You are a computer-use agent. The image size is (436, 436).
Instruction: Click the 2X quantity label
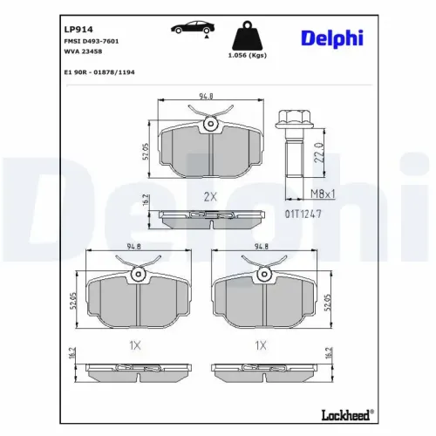[209, 196]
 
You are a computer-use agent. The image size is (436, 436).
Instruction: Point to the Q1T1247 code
[303, 213]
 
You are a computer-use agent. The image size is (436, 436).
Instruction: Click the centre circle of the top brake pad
[209, 126]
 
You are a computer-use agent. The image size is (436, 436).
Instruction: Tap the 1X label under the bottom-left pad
[135, 345]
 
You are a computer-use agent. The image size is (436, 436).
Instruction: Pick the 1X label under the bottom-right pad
[260, 345]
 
